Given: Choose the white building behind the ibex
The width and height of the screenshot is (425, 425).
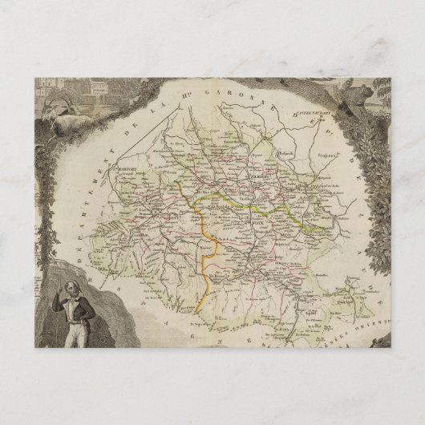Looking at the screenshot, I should [x=96, y=84].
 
